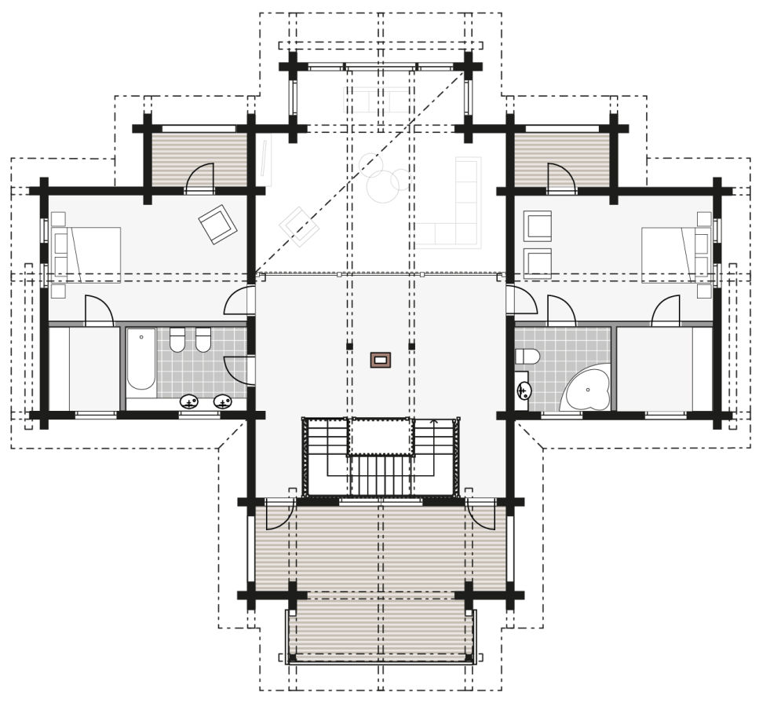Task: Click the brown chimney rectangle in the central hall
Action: click(381, 360)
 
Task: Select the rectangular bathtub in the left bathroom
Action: click(141, 360)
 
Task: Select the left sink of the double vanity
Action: click(189, 402)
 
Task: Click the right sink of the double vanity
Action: click(223, 402)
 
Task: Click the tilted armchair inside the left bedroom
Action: click(217, 222)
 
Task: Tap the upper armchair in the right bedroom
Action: click(538, 225)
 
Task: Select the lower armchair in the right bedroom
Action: click(538, 262)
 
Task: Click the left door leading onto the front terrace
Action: click(279, 515)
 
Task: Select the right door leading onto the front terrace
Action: click(480, 515)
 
